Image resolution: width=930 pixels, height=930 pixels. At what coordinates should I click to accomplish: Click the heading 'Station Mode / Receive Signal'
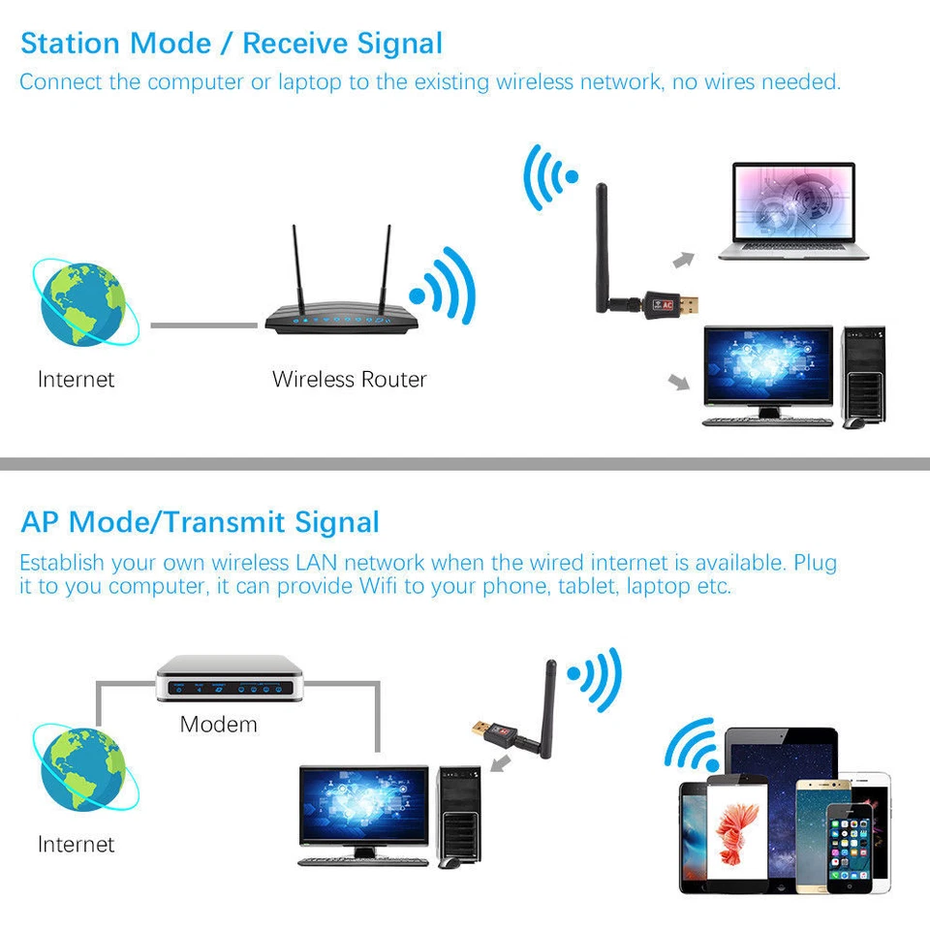click(x=231, y=44)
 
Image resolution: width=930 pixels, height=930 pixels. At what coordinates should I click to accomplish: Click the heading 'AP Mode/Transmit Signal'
click(x=200, y=522)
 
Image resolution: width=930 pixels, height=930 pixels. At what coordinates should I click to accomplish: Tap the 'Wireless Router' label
click(x=349, y=379)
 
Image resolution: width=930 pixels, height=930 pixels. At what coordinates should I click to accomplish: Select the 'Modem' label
click(x=219, y=724)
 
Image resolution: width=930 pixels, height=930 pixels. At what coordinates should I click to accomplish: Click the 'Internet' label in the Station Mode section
click(x=76, y=379)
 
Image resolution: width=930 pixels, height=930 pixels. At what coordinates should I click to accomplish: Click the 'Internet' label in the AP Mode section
click(x=76, y=844)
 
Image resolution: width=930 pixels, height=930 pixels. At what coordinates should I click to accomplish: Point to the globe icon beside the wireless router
click(x=83, y=301)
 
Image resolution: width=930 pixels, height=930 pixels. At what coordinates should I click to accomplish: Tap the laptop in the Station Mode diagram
click(x=792, y=211)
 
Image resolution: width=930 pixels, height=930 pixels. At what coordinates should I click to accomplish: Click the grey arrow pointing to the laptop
click(x=685, y=258)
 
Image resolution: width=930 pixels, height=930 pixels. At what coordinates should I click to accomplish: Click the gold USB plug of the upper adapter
click(x=689, y=306)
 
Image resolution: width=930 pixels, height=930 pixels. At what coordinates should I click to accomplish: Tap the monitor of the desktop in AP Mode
click(x=363, y=808)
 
